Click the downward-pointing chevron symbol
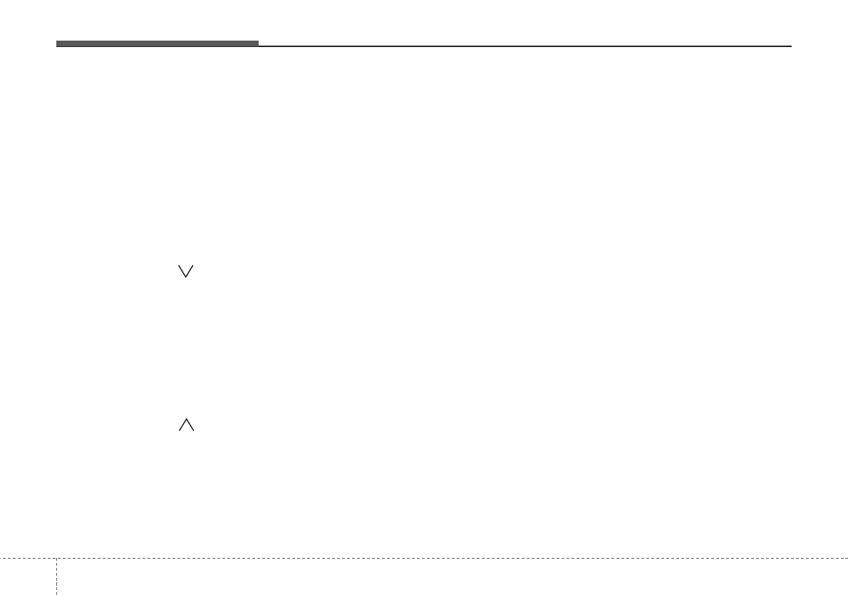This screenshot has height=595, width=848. pyautogui.click(x=186, y=271)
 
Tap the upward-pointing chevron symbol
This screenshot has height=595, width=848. pyautogui.click(x=187, y=425)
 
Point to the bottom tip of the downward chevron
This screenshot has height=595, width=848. pyautogui.click(x=186, y=277)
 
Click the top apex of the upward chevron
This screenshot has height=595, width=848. pyautogui.click(x=187, y=419)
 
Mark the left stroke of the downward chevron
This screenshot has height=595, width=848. pyautogui.click(x=182, y=271)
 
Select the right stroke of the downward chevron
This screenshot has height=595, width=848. pyautogui.click(x=190, y=271)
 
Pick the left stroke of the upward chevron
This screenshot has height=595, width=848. pyautogui.click(x=183, y=425)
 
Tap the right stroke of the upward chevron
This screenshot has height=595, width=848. pyautogui.click(x=190, y=425)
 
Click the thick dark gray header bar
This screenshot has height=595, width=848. pyautogui.click(x=157, y=44)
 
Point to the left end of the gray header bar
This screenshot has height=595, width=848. pyautogui.click(x=58, y=44)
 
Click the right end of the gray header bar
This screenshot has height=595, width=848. pyautogui.click(x=257, y=44)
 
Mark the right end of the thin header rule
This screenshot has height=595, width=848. pyautogui.click(x=790, y=46)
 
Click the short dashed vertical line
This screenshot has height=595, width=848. pyautogui.click(x=56, y=576)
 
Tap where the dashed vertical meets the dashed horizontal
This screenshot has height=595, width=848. pyautogui.click(x=56, y=558)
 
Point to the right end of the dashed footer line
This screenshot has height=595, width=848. pyautogui.click(x=847, y=558)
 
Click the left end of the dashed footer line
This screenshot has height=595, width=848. pyautogui.click(x=1, y=558)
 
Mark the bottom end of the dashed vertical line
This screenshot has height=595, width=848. pyautogui.click(x=56, y=594)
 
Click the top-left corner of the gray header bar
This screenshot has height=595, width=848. pyautogui.click(x=57, y=41)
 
